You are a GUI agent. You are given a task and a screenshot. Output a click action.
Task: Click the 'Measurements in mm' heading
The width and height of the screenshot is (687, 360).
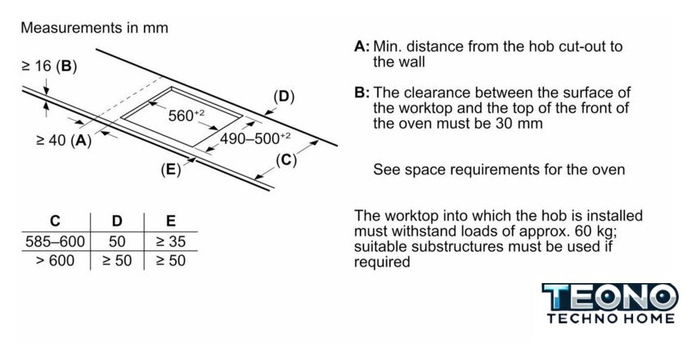coord(94,28)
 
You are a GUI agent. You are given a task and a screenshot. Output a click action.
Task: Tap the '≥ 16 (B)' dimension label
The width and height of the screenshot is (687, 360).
coord(48,65)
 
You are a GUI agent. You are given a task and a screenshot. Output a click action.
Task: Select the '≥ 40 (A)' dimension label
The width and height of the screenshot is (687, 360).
coord(63,140)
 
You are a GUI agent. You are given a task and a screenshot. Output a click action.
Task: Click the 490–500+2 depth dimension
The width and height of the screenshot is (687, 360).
coord(255,138)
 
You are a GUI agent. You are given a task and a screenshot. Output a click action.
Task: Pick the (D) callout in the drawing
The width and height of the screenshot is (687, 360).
coord(283,97)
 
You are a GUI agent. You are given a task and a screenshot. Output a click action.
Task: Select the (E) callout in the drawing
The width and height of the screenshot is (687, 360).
coord(170,169)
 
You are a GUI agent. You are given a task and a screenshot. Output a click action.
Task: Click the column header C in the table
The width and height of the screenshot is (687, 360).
coord(55,221)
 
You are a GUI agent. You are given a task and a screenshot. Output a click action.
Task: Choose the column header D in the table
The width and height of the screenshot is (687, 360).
coord(116,221)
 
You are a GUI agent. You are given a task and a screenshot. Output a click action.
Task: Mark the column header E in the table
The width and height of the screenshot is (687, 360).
coord(170,221)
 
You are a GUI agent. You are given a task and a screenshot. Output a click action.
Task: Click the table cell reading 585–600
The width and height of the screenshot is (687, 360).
coord(55,241)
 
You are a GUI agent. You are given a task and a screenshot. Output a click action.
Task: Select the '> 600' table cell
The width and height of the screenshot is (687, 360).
coord(55,261)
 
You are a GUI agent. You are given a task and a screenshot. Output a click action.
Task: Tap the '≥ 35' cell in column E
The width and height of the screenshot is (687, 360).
coord(170,241)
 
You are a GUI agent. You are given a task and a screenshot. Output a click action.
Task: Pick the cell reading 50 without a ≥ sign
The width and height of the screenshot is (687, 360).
coord(116,241)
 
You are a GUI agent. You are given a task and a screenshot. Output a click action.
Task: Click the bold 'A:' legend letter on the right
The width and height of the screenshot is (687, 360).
coord(362,47)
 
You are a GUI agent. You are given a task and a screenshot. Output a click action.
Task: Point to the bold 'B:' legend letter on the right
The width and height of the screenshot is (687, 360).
coord(362,92)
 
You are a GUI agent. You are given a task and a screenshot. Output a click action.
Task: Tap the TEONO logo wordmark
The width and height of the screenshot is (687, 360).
coord(610,296)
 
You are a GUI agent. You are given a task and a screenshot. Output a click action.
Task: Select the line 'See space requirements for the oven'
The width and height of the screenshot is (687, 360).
coord(499,170)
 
